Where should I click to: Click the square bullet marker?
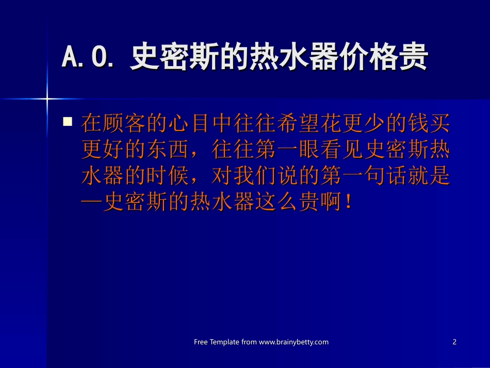(x=67, y=122)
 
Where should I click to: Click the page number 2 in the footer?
(x=454, y=342)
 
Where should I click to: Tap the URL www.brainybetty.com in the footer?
(x=293, y=342)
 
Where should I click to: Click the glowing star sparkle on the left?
(x=47, y=98)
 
